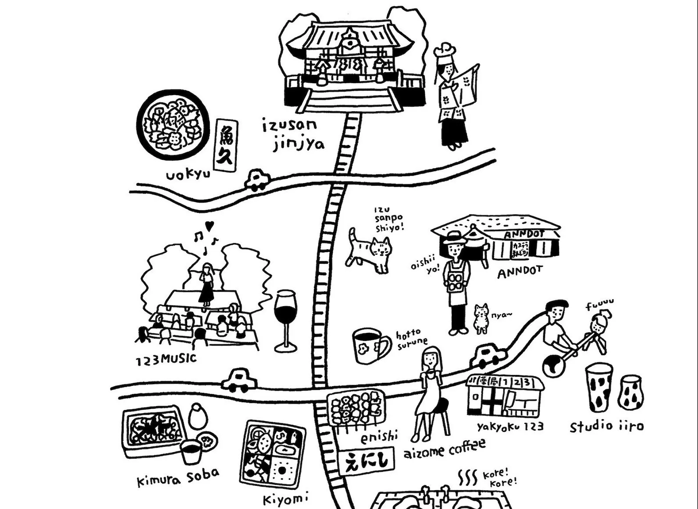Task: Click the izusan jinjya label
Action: (x=293, y=134)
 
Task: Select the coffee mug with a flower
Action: (x=370, y=346)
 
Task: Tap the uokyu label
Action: (x=188, y=175)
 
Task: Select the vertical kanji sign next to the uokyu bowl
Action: (x=226, y=145)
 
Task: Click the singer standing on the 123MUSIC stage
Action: (x=206, y=284)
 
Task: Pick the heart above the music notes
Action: (x=210, y=226)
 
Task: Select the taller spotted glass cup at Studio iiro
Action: (x=599, y=389)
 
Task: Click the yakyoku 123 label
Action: (x=510, y=426)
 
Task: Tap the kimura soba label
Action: (x=178, y=477)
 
